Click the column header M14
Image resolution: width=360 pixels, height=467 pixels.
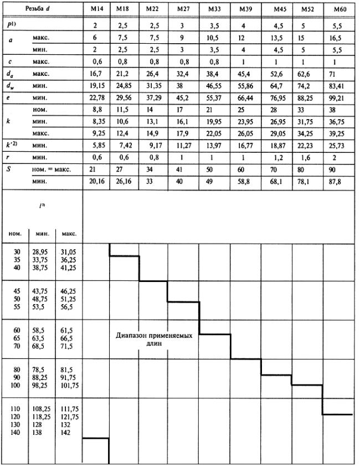point(96,11)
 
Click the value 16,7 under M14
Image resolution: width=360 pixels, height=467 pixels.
point(96,74)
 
